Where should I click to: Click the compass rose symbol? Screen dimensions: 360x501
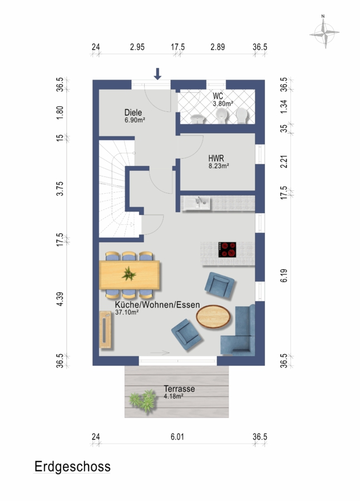324,32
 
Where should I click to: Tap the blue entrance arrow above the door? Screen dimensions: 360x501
157,73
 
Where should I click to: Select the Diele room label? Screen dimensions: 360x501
133,112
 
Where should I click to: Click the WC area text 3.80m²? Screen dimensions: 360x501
223,104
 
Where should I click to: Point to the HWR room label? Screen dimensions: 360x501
216,158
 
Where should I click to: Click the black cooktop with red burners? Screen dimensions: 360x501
228,249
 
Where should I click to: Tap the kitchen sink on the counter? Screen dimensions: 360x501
197,203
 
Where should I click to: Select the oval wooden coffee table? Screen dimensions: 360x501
213,317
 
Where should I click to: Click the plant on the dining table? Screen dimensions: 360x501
129,274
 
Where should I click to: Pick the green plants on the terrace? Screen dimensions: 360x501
143,400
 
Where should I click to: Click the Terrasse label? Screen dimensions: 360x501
179,389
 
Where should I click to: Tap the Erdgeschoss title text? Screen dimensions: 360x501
72,467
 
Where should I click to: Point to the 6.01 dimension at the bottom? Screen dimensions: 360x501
177,437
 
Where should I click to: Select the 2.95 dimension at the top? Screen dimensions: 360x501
137,47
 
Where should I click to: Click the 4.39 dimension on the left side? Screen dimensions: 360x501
60,299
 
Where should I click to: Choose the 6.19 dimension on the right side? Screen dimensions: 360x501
284,276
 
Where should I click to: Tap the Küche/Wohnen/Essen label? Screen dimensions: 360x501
157,305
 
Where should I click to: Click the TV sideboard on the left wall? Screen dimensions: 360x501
105,330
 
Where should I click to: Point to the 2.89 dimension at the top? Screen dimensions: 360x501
218,47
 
